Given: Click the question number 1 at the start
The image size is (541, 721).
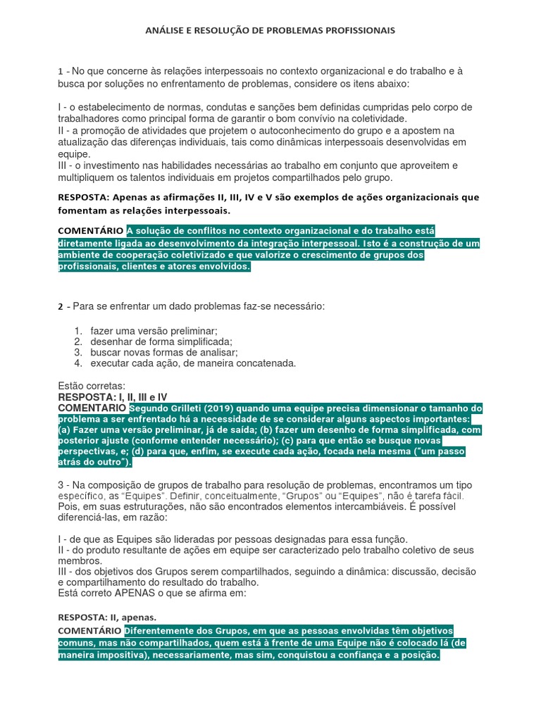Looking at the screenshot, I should [x=61, y=72].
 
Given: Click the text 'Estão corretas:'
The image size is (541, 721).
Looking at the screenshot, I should [x=92, y=386].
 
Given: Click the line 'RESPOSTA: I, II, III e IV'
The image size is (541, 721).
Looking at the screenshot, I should [x=112, y=397].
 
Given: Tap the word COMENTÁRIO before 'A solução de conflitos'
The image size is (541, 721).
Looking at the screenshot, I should [x=90, y=230].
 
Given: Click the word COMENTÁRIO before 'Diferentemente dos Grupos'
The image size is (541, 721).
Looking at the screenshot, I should [x=90, y=631].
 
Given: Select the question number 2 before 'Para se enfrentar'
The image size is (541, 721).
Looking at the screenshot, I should [x=61, y=306].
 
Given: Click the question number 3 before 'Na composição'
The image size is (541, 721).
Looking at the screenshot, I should [x=61, y=486].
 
